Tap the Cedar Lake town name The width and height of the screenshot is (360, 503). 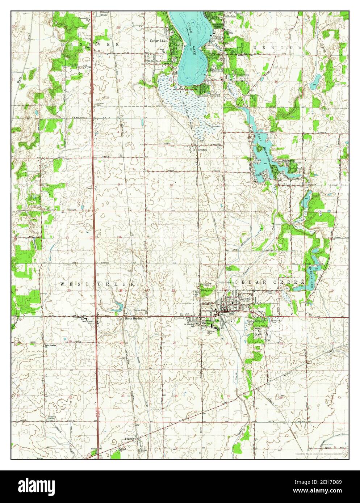click(159, 41)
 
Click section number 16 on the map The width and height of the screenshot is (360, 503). click(120, 237)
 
